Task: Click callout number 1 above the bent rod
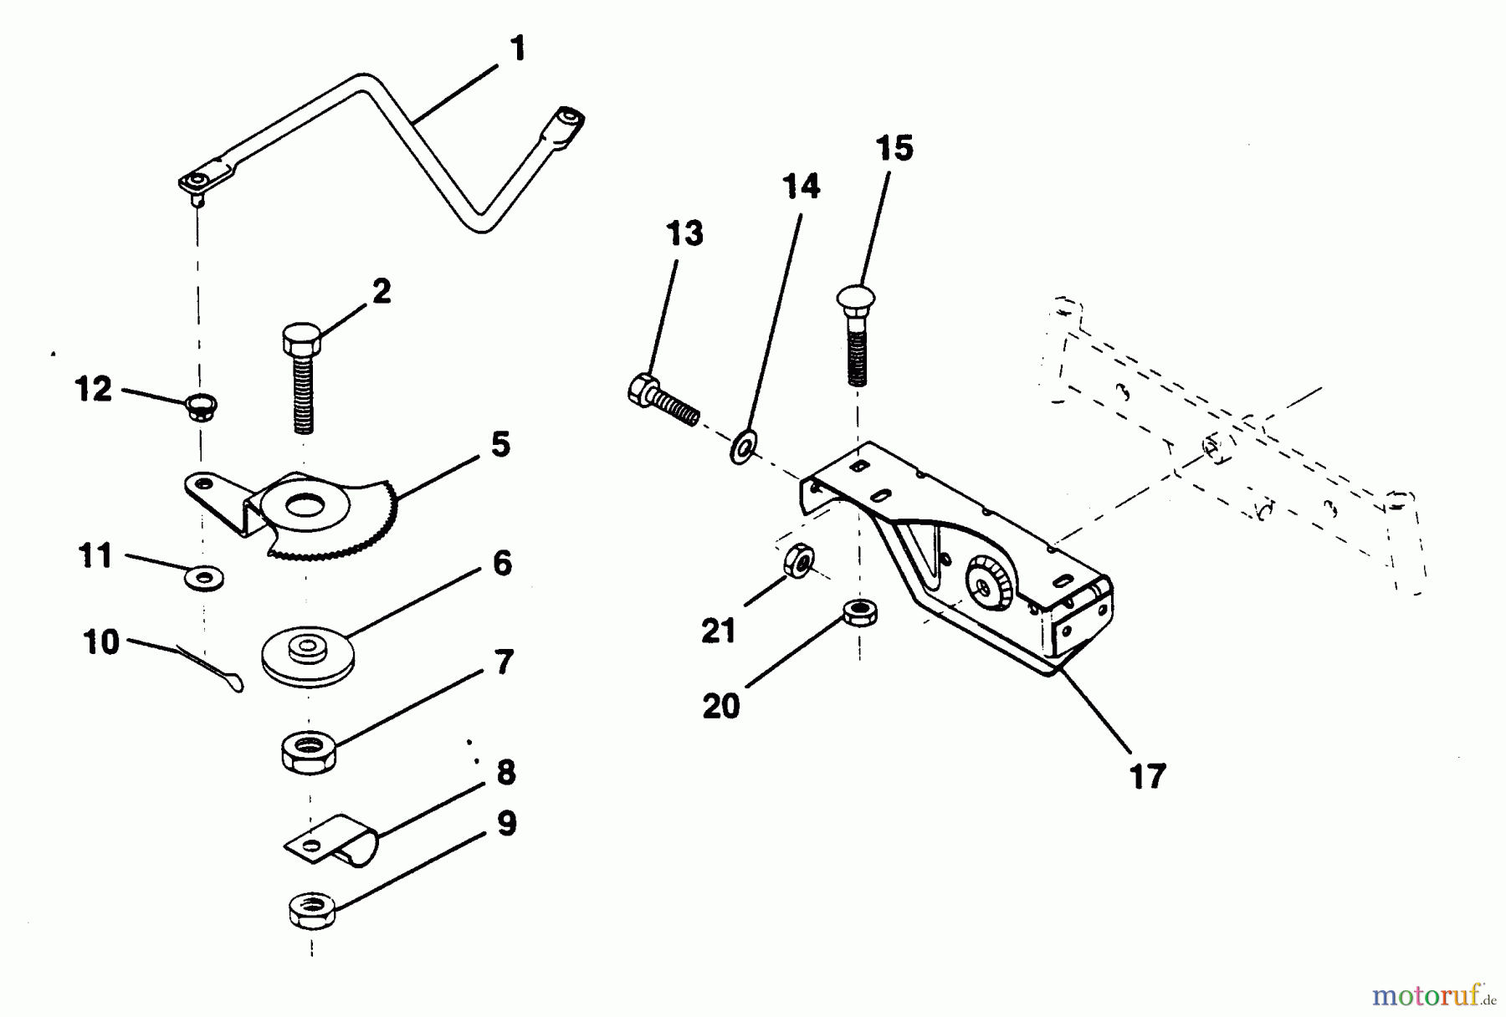518,49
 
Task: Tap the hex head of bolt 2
302,340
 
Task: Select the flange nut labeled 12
202,408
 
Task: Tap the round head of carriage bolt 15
855,299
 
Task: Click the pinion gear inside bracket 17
989,584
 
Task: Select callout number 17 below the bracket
1147,776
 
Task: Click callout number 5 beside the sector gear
500,445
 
